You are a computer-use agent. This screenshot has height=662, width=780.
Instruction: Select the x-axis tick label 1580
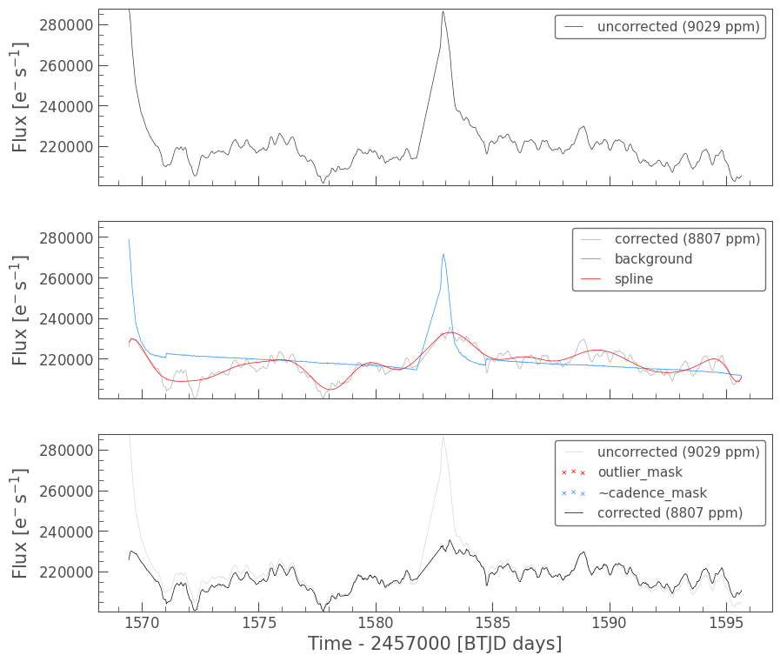pyautogui.click(x=376, y=622)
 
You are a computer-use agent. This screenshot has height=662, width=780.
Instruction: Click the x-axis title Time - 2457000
pyautogui.click(x=435, y=644)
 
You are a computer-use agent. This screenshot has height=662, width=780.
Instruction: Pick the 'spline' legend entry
pyautogui.click(x=633, y=279)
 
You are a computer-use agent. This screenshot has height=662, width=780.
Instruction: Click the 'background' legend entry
pyautogui.click(x=653, y=259)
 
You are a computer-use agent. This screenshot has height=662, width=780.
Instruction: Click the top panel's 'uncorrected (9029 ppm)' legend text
pyautogui.click(x=678, y=27)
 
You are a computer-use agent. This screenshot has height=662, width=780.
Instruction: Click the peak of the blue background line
pyautogui.click(x=443, y=254)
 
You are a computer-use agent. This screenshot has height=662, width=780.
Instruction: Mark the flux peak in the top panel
pyautogui.click(x=443, y=11)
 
